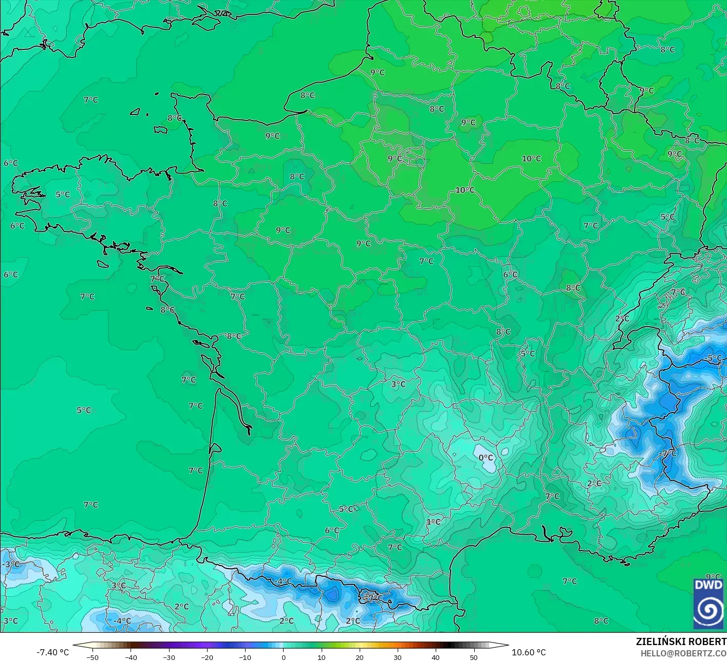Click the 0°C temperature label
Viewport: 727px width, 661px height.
486,458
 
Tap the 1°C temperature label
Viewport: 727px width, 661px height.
433,522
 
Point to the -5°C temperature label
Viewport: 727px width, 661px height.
714,358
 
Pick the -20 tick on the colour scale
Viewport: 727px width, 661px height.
207,657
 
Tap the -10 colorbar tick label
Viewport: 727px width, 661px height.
245,657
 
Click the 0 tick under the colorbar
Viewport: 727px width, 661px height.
283,657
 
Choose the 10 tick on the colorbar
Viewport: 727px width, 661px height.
321,657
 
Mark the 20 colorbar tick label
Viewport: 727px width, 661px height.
359,657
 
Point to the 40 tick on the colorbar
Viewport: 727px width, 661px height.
435,657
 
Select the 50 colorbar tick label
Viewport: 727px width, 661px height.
473,657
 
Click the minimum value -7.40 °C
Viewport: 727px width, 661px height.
52,652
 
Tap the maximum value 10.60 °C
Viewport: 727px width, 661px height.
529,652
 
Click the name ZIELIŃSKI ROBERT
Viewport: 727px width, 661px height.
681,642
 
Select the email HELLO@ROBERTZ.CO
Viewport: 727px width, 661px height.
683,653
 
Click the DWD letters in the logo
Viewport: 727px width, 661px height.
708,585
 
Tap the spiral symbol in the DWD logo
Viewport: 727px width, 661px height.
708,610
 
